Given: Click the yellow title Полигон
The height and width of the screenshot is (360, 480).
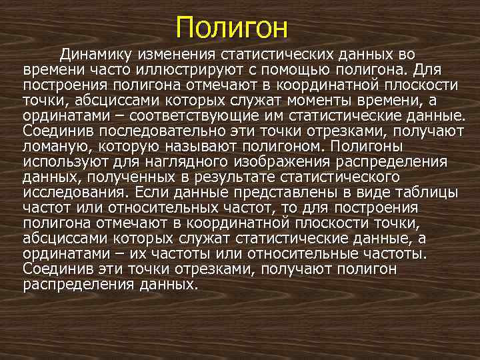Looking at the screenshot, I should pos(231,28).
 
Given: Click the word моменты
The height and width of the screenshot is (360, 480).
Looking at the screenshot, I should pos(319,100).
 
